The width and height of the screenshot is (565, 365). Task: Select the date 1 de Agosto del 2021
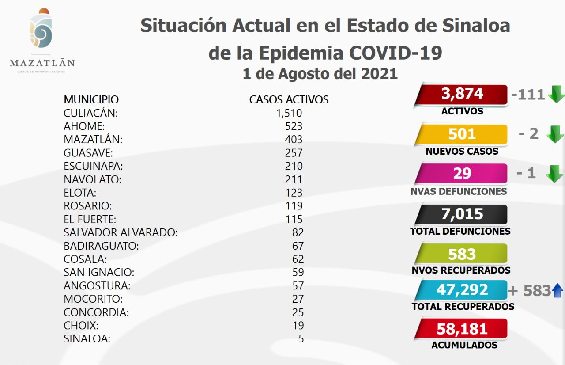point(320,74)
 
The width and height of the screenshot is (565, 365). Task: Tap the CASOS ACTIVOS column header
point(289,99)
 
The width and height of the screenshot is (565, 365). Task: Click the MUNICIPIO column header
point(91,99)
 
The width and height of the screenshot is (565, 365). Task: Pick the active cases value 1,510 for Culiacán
point(289,113)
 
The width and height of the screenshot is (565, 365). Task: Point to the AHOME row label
point(84,126)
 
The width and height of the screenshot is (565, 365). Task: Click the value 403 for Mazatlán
point(294,140)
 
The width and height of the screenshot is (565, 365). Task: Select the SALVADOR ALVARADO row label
point(121,232)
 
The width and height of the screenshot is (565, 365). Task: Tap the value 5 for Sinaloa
point(301,339)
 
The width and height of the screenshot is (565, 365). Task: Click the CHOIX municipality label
point(81,326)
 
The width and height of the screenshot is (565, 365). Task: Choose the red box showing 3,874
point(462,94)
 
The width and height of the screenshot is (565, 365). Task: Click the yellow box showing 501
point(462,134)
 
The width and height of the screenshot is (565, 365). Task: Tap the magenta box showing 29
point(462,173)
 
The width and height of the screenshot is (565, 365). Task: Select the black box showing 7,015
point(462,214)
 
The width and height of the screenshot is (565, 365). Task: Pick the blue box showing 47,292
point(462,289)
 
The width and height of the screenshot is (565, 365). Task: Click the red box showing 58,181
point(462,329)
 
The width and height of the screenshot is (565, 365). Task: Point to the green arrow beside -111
point(556,94)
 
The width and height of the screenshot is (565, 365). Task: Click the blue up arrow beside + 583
point(557,290)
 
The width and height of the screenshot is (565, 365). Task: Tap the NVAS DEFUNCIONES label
point(458,191)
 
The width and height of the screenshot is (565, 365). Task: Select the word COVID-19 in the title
point(395,53)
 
